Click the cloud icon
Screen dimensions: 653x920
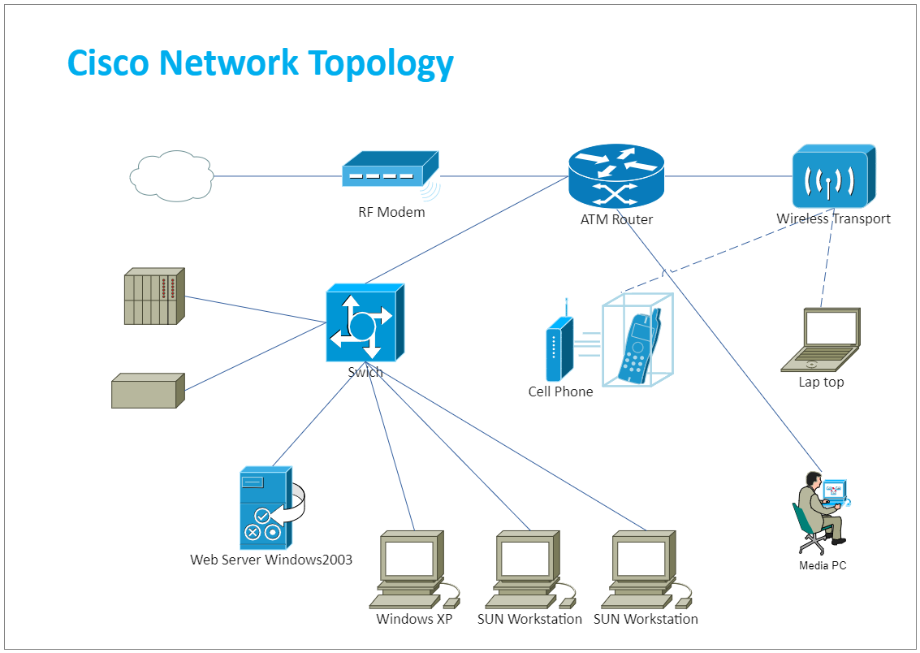pos(171,175)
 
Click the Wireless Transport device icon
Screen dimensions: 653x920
pos(833,176)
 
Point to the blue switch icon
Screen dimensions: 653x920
pos(365,323)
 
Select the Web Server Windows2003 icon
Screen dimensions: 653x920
pos(266,508)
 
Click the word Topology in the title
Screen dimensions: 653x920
pos(370,63)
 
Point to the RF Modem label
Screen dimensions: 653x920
pos(391,213)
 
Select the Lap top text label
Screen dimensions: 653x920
pos(821,383)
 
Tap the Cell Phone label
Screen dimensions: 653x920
pos(560,392)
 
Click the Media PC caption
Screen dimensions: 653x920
pos(823,565)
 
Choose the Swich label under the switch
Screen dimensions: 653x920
pos(365,373)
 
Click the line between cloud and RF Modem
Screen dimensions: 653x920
pos(277,175)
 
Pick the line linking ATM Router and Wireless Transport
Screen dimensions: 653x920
pos(728,175)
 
